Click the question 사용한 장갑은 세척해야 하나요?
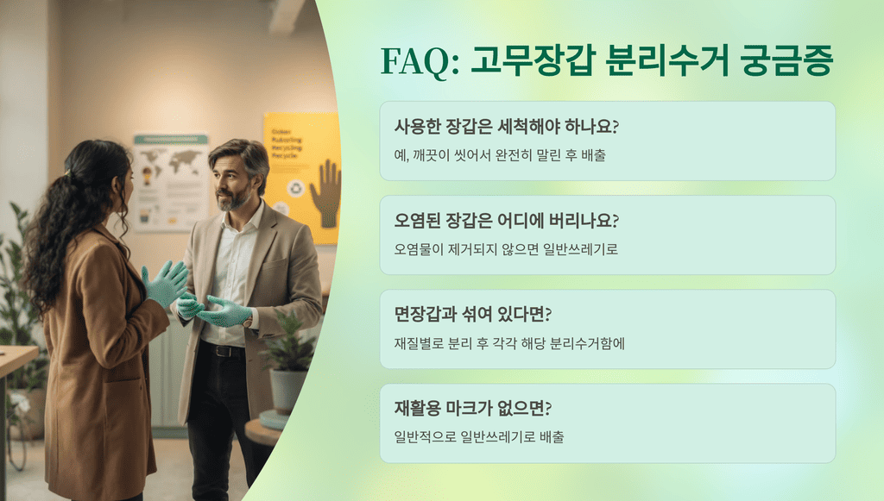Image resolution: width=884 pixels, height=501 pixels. [506, 126]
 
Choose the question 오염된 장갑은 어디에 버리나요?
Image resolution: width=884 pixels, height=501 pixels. [506, 220]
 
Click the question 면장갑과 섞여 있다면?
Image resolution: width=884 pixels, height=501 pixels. [473, 314]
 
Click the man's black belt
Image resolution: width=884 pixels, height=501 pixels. [223, 350]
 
